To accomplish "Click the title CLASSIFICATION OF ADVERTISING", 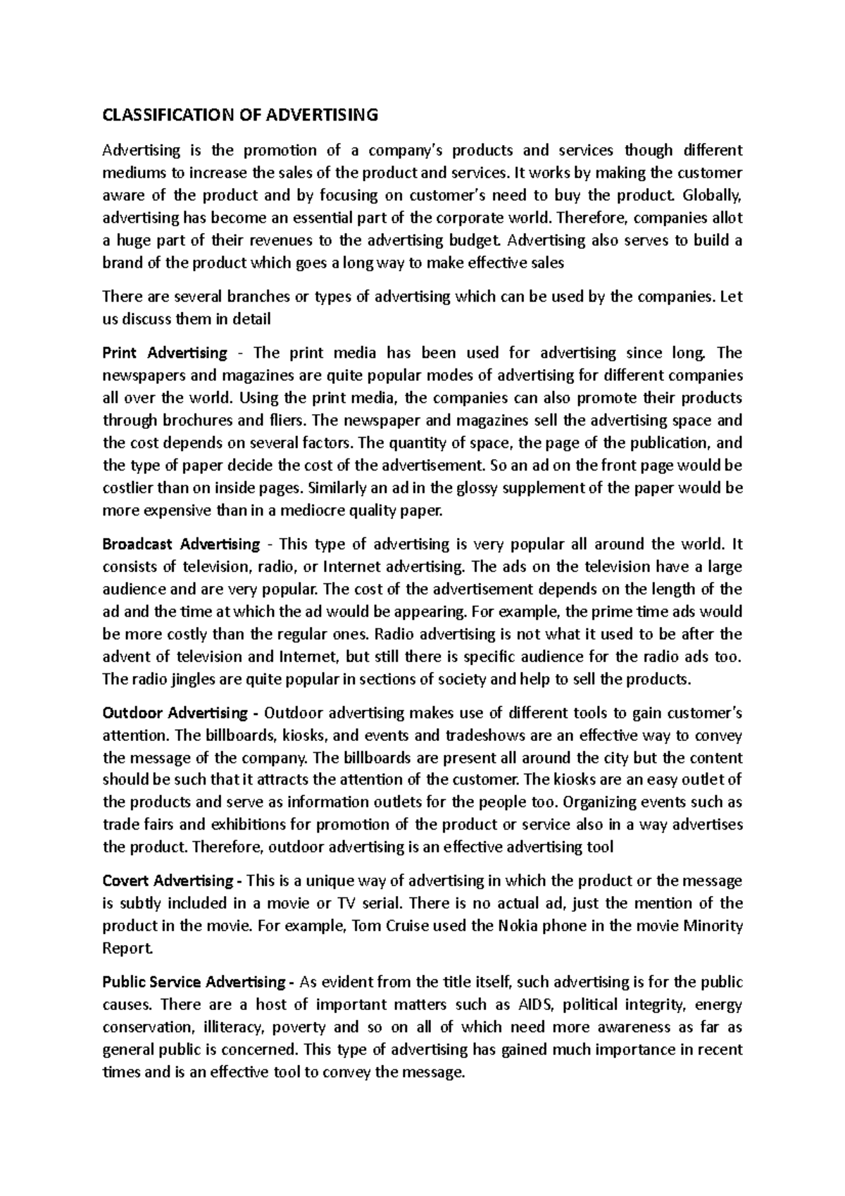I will [240, 115].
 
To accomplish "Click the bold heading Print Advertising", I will [165, 352].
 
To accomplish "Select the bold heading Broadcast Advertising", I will [181, 544].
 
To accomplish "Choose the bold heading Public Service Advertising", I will [194, 982].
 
